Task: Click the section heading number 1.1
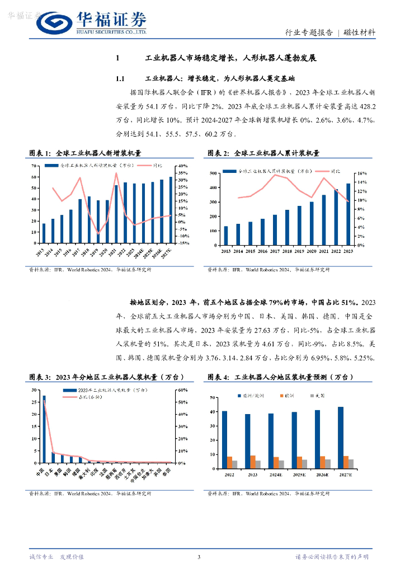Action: pos(122,79)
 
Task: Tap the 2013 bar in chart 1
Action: pos(44,233)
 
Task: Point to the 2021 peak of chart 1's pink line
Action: pos(116,173)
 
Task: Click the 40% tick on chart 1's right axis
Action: pos(182,166)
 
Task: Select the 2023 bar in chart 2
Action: pos(349,214)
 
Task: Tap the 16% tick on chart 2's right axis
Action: pos(361,173)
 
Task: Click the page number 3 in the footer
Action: pos(199,557)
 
